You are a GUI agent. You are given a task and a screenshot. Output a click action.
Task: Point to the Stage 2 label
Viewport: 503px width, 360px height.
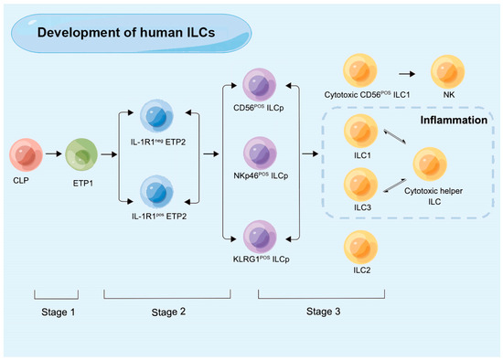(x=166, y=311)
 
